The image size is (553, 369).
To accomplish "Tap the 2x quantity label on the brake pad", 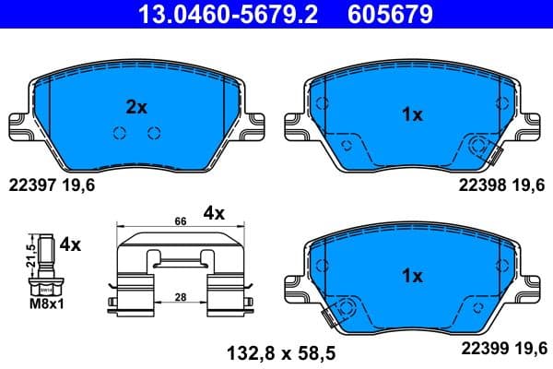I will click(x=136, y=108).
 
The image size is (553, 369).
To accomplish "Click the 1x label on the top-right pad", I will click(x=413, y=115).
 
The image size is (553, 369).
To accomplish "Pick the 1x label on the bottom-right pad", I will click(x=413, y=276).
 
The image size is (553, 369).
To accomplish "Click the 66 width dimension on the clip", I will click(x=182, y=222).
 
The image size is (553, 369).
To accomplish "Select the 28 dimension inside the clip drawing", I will click(x=182, y=297).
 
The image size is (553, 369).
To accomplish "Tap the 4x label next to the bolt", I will click(x=70, y=246).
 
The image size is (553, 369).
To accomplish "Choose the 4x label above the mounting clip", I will click(x=214, y=213).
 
